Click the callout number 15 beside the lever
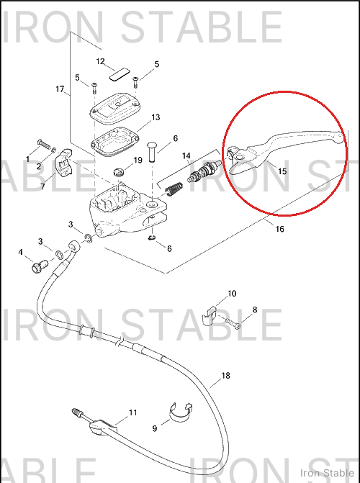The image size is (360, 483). click(x=282, y=171)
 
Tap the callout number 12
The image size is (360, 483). click(x=101, y=62)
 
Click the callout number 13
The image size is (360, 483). click(x=156, y=117)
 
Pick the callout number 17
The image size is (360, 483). click(x=60, y=89)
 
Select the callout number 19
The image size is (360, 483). click(x=138, y=161)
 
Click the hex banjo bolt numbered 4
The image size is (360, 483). click(x=40, y=266)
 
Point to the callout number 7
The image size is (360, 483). click(x=42, y=186)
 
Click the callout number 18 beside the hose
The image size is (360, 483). click(x=226, y=376)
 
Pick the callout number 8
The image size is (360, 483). click(x=255, y=310)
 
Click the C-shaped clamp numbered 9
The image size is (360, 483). click(x=181, y=412)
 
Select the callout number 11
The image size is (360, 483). click(x=133, y=412)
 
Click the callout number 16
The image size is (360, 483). click(x=280, y=229)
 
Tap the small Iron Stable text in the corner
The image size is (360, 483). click(x=327, y=473)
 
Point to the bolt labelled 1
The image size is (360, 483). click(x=45, y=144)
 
